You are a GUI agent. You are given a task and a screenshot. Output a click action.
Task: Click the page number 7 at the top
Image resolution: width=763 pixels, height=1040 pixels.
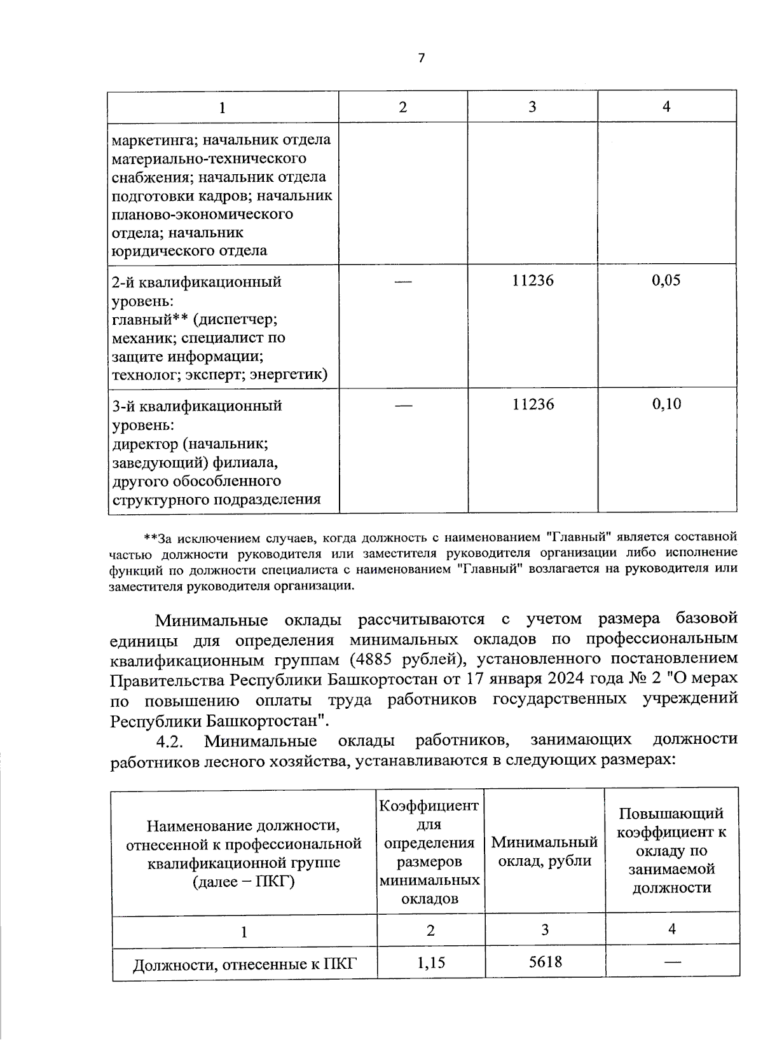421,58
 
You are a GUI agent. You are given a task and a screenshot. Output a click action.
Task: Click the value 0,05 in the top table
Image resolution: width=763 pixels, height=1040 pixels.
666,280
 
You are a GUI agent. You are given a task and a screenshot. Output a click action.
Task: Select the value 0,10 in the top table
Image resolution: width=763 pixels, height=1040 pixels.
666,404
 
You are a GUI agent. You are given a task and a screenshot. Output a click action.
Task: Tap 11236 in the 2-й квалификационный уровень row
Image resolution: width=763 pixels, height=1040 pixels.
533,280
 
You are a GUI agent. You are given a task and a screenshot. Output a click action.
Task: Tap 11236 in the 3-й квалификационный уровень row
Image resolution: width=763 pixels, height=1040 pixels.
533,404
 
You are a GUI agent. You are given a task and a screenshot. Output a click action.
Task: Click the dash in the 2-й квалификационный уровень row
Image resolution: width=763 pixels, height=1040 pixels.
403,281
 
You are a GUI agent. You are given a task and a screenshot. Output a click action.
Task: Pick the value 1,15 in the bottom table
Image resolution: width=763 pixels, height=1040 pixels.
430,962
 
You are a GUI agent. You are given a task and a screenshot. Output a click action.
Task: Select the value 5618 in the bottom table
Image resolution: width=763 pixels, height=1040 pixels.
545,962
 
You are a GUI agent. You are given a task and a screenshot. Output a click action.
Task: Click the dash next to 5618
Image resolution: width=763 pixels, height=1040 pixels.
672,962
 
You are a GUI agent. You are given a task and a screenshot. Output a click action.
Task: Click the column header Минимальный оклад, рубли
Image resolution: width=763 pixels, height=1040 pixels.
544,852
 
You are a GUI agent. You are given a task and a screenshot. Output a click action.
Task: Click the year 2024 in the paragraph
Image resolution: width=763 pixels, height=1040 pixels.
566,678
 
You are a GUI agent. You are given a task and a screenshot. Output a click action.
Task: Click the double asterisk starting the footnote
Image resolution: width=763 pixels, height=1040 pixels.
151,538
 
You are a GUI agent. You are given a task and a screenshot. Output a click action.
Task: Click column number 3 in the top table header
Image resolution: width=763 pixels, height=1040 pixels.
532,107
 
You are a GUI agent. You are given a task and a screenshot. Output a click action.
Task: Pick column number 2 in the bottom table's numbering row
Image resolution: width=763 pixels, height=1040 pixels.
430,931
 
